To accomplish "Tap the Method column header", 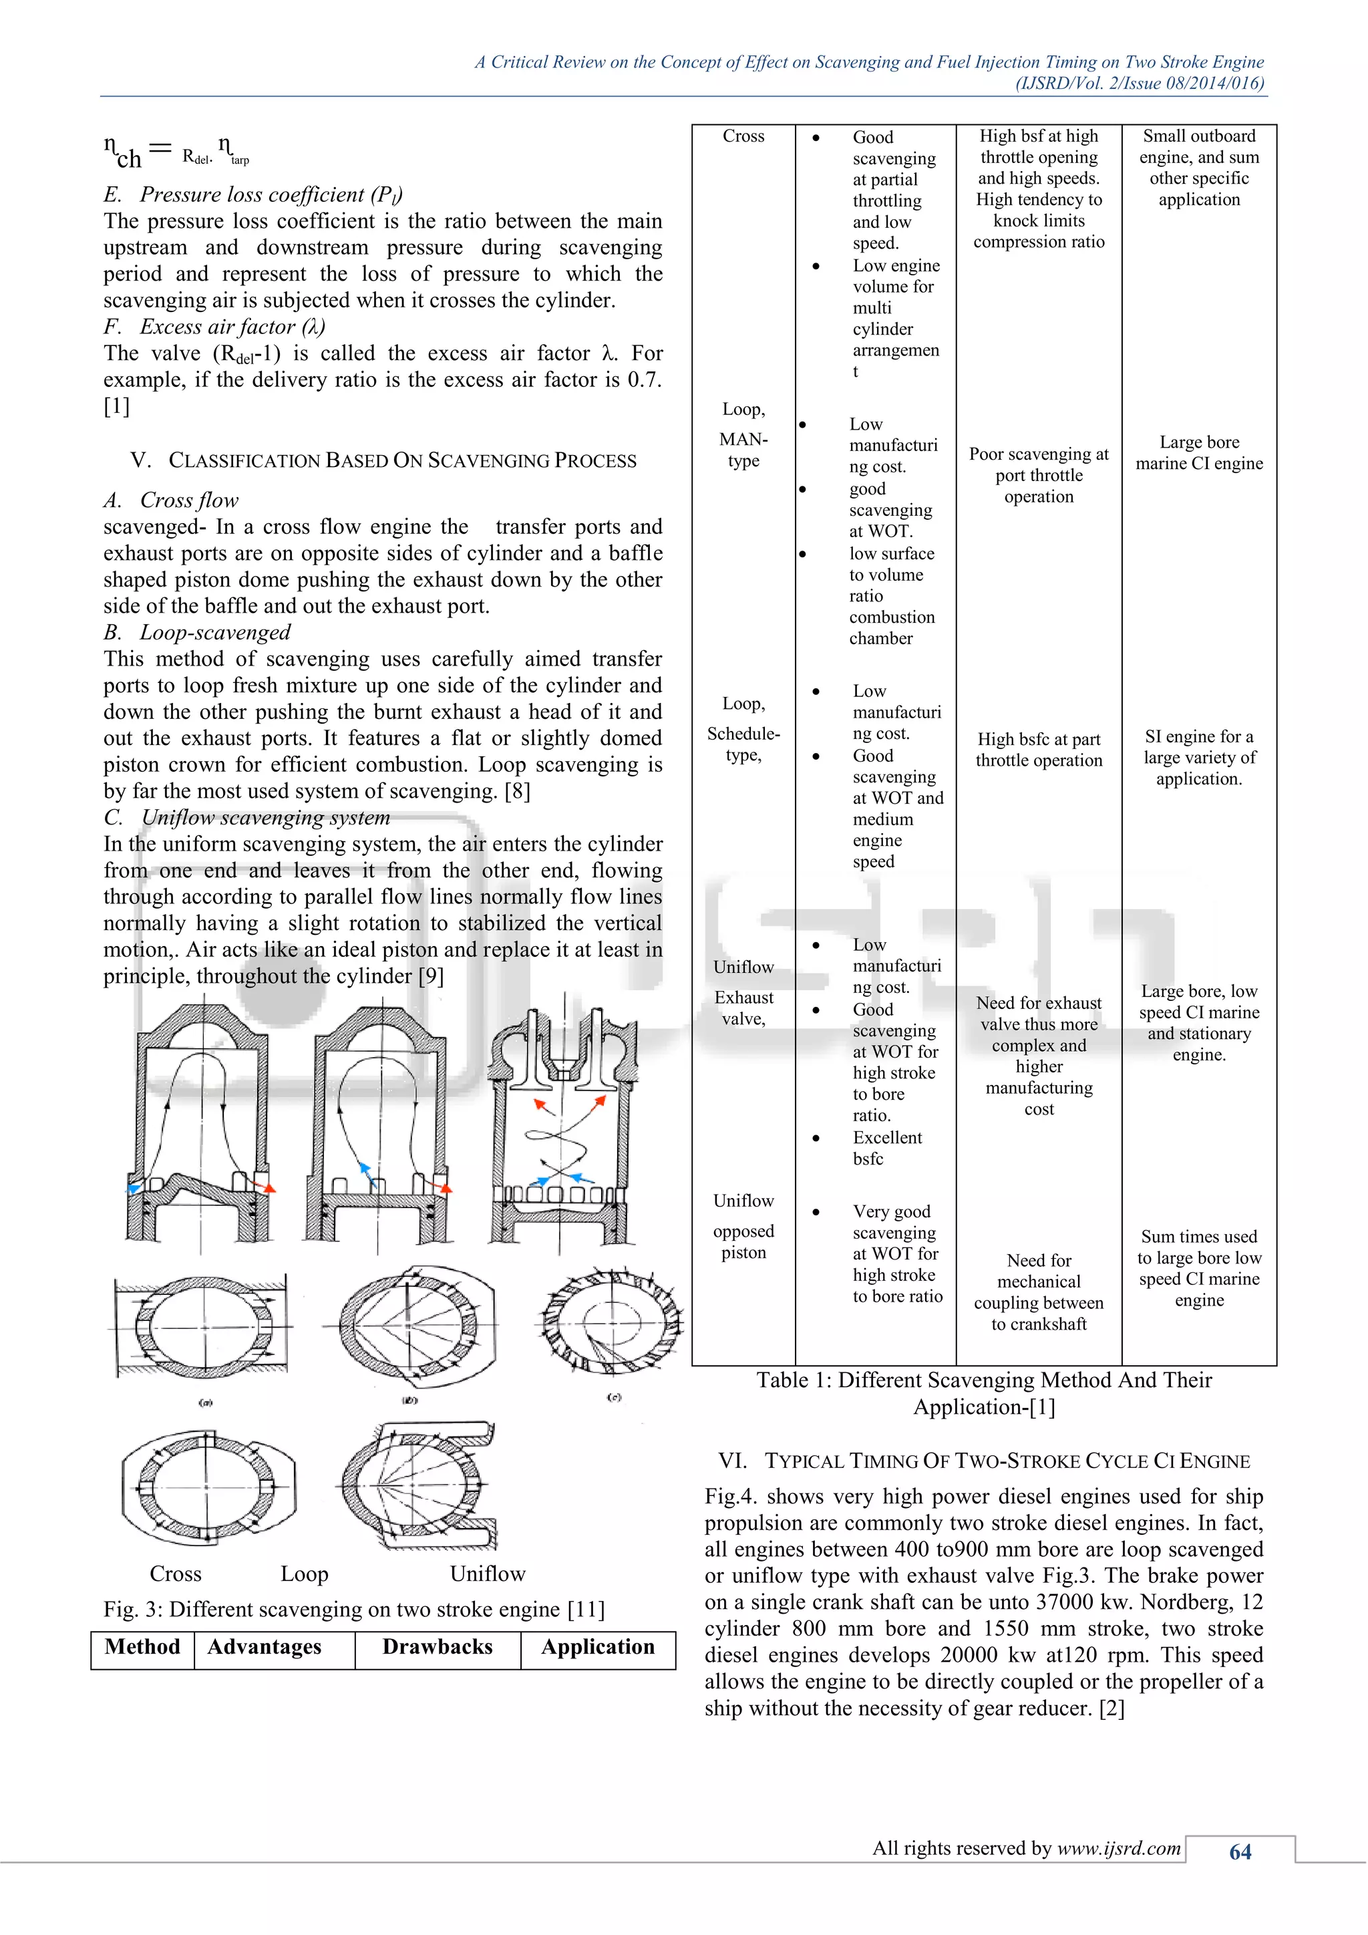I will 142,1647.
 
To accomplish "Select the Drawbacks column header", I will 438,1647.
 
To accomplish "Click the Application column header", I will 597,1647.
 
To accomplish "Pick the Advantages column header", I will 265,1647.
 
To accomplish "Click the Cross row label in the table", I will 743,136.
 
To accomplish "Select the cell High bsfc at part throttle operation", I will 1038,749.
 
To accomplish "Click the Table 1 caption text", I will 983,1393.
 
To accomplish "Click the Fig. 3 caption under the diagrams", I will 354,1609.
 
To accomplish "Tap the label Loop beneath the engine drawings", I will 304,1574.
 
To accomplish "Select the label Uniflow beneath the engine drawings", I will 487,1574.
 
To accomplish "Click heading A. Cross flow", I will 172,500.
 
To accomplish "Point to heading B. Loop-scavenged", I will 197,632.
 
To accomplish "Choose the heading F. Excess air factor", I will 214,327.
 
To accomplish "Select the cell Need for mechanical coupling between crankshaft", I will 1038,1292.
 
